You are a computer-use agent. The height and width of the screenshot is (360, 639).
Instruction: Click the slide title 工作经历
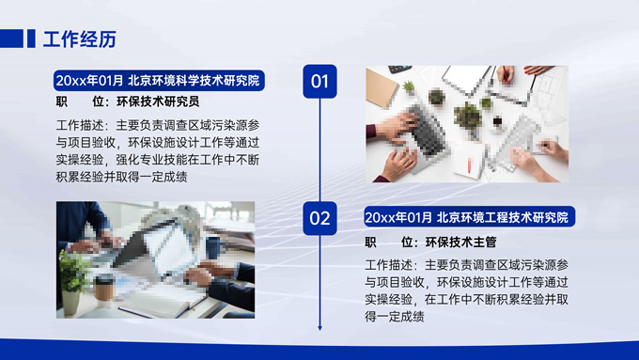point(80,39)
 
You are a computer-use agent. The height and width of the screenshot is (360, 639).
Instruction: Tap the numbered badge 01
point(319,81)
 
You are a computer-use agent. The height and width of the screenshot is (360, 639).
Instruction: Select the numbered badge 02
point(319,218)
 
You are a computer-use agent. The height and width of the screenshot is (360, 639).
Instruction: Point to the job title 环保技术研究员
point(158,102)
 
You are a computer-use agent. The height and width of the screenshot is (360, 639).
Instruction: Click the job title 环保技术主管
point(460,243)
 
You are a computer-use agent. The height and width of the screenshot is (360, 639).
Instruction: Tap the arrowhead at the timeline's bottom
point(319,328)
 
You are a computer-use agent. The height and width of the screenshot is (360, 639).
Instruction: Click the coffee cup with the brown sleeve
point(103,290)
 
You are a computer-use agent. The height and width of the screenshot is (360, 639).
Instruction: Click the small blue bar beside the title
point(31,39)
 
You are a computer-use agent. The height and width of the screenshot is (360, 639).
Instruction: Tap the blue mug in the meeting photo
point(214,247)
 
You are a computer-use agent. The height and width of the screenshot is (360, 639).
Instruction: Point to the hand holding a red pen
point(506,74)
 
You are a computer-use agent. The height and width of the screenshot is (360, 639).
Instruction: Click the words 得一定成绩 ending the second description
point(395,317)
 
